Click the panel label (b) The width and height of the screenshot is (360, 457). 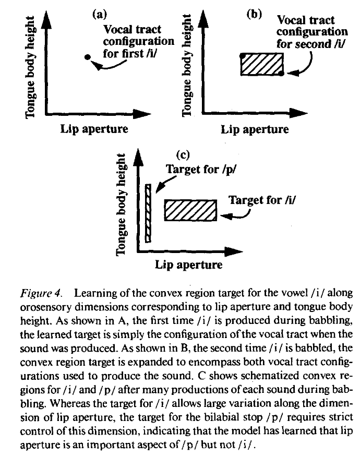click(254, 15)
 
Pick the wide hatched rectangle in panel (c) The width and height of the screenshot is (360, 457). click(190, 211)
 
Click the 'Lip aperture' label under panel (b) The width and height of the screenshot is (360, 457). click(255, 129)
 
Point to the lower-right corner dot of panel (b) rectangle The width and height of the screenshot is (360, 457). click(282, 75)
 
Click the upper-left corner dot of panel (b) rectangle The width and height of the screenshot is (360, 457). click(242, 55)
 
